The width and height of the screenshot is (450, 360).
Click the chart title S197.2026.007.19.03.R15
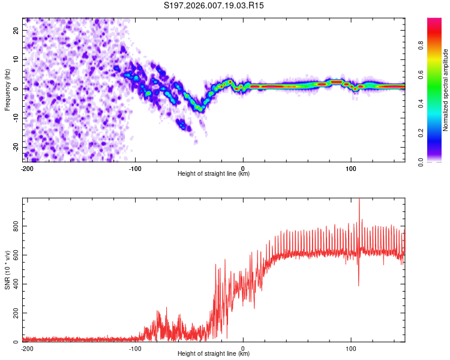214,5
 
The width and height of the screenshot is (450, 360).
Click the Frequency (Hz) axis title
7,89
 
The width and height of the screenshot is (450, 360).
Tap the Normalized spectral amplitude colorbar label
446,90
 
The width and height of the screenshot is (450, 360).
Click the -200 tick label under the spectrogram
26,168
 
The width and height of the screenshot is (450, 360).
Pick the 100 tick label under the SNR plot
351,348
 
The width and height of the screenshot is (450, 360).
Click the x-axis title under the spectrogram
214,174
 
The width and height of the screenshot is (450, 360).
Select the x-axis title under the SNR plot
214,354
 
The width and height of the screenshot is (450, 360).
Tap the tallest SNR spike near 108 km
359,200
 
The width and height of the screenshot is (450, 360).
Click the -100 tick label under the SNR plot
135,348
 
